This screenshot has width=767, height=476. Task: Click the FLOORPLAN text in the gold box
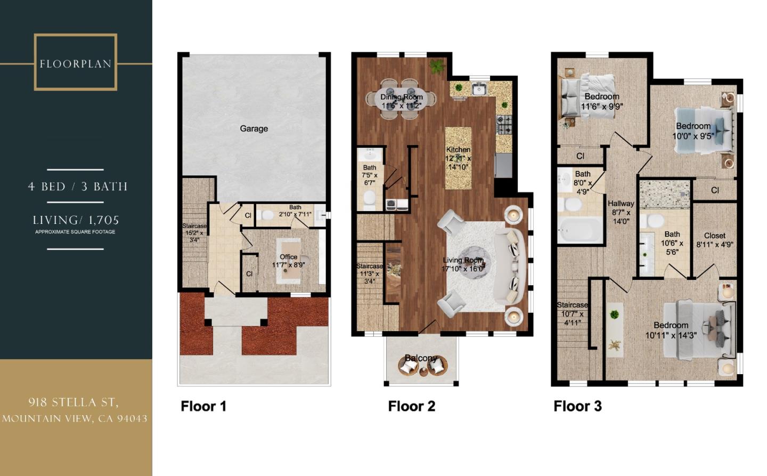(x=75, y=64)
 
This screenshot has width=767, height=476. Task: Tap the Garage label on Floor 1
(x=254, y=128)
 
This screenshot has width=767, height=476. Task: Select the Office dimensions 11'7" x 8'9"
(x=288, y=265)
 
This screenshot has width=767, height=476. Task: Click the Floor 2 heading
(x=411, y=406)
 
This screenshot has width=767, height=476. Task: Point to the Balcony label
(x=421, y=358)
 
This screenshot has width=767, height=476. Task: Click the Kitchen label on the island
(x=458, y=150)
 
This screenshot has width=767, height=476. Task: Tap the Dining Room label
(x=401, y=97)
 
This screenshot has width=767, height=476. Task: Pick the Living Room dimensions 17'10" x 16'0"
(x=463, y=269)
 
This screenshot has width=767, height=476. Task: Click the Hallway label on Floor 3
(x=621, y=204)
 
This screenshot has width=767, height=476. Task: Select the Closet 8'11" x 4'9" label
(x=714, y=240)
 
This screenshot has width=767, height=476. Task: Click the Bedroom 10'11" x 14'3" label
(x=671, y=330)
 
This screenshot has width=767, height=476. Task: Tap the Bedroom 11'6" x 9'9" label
(x=601, y=101)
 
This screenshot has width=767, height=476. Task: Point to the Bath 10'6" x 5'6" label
(x=672, y=243)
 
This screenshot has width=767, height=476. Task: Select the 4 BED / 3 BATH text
(x=78, y=187)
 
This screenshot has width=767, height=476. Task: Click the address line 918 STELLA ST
(x=74, y=402)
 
